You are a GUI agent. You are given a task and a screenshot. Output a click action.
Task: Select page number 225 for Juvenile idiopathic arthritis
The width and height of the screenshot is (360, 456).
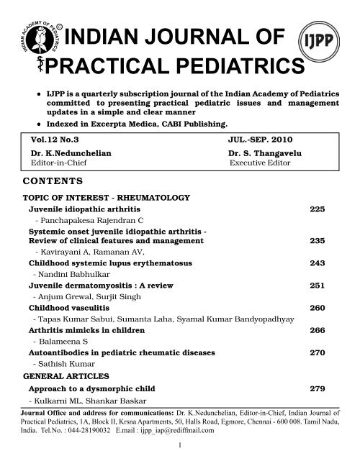[318, 209]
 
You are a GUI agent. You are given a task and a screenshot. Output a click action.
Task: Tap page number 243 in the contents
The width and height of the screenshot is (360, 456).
[318, 263]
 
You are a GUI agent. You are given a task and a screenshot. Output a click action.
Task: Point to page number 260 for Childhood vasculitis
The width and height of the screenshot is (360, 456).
[318, 308]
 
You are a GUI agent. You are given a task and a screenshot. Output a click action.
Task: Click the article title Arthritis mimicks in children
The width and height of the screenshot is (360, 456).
[86, 330]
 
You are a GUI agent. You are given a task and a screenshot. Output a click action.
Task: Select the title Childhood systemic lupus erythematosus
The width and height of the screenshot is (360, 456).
[105, 263]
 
